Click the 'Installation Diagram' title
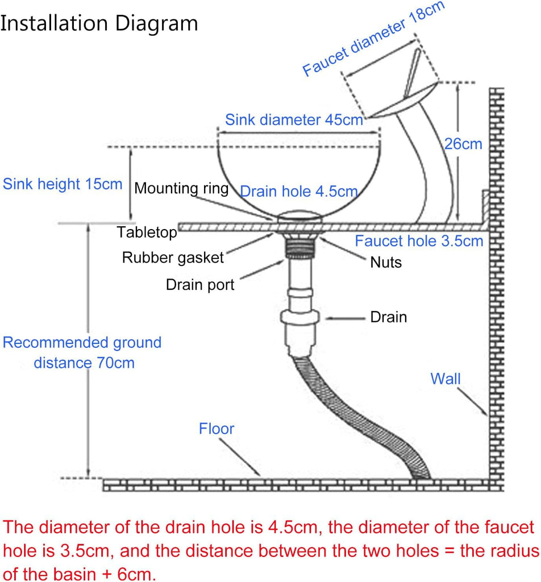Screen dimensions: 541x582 pyautogui.click(x=99, y=23)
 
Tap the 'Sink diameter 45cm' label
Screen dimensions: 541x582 pyautogui.click(x=294, y=120)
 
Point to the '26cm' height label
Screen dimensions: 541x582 pyautogui.click(x=463, y=144)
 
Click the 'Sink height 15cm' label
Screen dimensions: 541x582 pyautogui.click(x=63, y=184)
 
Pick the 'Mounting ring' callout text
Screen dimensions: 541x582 pyautogui.click(x=181, y=188)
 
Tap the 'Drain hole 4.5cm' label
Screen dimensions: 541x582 pyautogui.click(x=299, y=192)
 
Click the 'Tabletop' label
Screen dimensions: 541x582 pyautogui.click(x=147, y=232)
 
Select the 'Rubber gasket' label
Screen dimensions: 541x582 pyautogui.click(x=173, y=257)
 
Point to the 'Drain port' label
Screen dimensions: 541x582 pyautogui.click(x=200, y=285)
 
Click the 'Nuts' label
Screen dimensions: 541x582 pyautogui.click(x=386, y=263)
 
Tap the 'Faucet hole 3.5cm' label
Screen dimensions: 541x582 pyautogui.click(x=419, y=241)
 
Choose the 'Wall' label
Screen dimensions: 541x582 pyautogui.click(x=446, y=379)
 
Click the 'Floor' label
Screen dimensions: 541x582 pyautogui.click(x=217, y=429)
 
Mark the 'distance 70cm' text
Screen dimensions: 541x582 pyautogui.click(x=84, y=363)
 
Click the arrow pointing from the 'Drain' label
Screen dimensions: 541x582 pyautogui.click(x=345, y=318)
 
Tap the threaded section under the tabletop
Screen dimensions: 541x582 pyautogui.click(x=301, y=247)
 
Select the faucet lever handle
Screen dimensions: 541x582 pyautogui.click(x=413, y=73)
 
